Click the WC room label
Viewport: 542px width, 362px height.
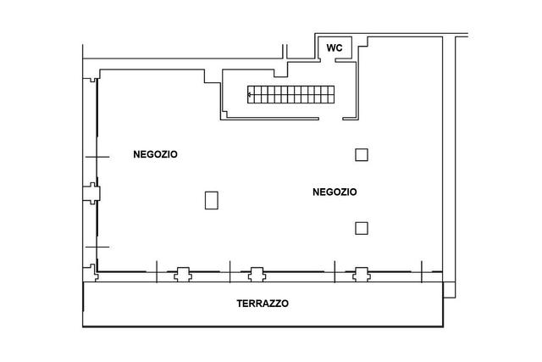coord(335,47)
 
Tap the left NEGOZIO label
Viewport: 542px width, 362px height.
coord(155,154)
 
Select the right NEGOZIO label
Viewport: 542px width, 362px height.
coord(335,192)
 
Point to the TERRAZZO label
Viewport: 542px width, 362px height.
coord(263,304)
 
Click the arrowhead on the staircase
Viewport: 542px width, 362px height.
coord(250,94)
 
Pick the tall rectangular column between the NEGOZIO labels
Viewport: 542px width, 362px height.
coord(212,200)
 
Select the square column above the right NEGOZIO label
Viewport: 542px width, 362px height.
coord(362,154)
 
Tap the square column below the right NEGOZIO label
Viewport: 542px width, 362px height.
coord(362,228)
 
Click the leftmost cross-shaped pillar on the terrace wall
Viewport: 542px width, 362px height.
coord(183,275)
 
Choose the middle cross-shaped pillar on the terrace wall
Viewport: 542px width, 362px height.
coord(257,275)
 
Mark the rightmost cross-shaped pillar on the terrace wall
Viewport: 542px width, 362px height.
coord(362,275)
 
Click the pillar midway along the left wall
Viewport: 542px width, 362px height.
coord(92,193)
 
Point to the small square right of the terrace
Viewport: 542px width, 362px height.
coord(449,290)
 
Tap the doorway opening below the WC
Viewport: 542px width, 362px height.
coord(328,60)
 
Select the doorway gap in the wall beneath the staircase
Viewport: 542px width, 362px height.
coord(330,119)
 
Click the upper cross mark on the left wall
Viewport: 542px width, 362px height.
coord(97,157)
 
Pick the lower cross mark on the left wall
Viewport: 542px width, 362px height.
coord(97,247)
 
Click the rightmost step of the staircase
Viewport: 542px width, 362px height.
coord(331,94)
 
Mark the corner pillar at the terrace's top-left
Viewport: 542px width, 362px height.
coord(91,273)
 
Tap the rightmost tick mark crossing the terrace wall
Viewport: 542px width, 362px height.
coord(422,272)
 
